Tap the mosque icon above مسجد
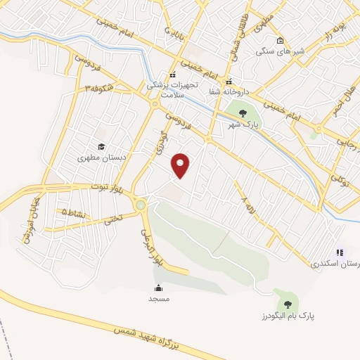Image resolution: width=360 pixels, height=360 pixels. click(x=158, y=288)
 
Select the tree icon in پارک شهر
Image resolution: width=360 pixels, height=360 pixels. click(x=243, y=112)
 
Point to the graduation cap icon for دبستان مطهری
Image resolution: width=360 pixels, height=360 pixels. click(x=101, y=147)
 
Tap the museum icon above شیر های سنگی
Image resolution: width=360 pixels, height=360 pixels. click(x=280, y=40)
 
